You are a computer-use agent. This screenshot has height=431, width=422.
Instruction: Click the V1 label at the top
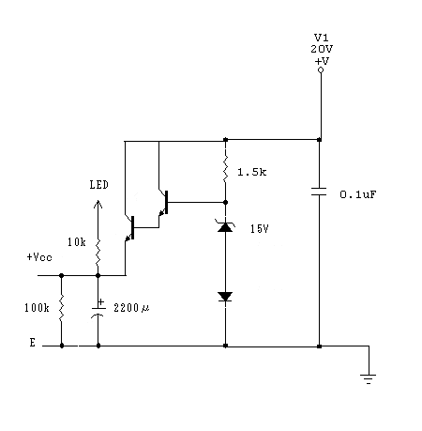pyautogui.click(x=321, y=38)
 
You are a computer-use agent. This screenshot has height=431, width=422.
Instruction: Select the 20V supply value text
pyautogui.click(x=322, y=49)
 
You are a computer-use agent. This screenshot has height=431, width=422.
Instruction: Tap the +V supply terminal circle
pyautogui.click(x=321, y=70)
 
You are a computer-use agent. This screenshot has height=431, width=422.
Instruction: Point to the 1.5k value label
pyautogui.click(x=252, y=172)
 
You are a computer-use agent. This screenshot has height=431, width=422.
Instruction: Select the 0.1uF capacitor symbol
pyautogui.click(x=319, y=192)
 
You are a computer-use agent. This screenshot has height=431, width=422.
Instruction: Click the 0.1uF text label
pyautogui.click(x=358, y=194)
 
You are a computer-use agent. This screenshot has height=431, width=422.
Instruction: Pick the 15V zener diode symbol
pyautogui.click(x=225, y=226)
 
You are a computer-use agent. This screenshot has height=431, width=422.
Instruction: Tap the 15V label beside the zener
pyautogui.click(x=259, y=229)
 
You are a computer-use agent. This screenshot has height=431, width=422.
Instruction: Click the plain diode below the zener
pyautogui.click(x=225, y=297)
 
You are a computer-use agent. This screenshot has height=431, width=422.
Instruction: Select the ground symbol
pyautogui.click(x=369, y=379)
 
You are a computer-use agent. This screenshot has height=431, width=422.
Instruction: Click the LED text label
pyautogui.click(x=98, y=185)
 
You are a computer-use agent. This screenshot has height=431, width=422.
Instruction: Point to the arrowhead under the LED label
pyautogui.click(x=98, y=204)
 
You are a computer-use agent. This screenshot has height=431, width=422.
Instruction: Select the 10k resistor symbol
pyautogui.click(x=98, y=252)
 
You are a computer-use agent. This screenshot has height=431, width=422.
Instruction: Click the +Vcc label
pyautogui.click(x=39, y=257)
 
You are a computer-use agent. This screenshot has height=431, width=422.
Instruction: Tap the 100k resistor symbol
pyautogui.click(x=61, y=307)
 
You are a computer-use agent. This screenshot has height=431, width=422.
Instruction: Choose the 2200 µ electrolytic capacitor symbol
pyautogui.click(x=98, y=310)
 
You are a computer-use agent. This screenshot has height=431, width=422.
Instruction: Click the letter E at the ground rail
pyautogui.click(x=33, y=343)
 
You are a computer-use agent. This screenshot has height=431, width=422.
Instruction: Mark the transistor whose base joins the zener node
pyautogui.click(x=164, y=203)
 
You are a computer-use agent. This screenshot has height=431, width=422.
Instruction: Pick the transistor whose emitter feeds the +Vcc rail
pyautogui.click(x=130, y=228)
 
